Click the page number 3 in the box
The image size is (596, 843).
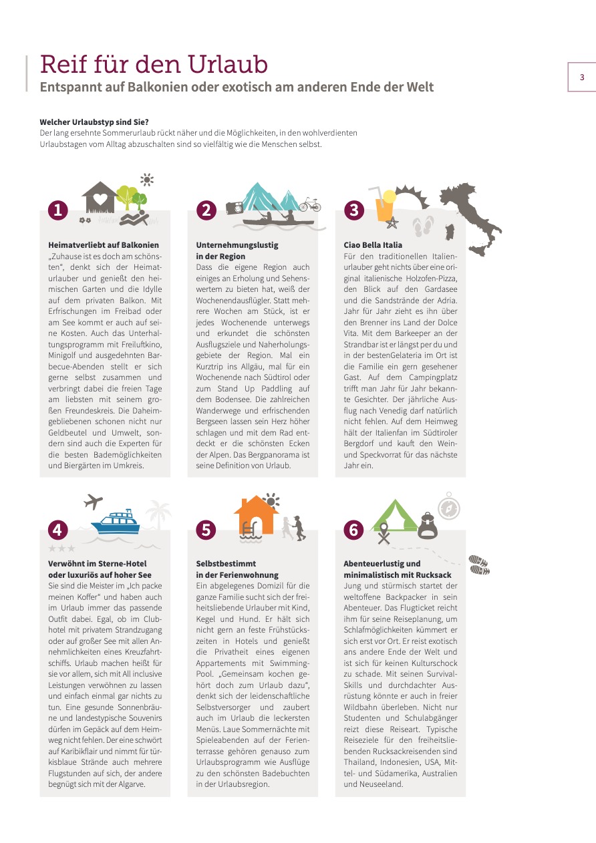[x=581, y=77]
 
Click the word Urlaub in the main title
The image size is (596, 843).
[x=229, y=64]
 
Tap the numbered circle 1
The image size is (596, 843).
[x=58, y=210]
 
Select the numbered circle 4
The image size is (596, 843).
[x=58, y=530]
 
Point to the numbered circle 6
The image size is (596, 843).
[x=353, y=530]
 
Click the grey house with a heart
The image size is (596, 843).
[x=99, y=198]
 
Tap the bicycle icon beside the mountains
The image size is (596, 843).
[x=309, y=204]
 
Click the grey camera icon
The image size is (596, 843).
[x=235, y=207]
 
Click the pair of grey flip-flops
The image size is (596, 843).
[x=424, y=226]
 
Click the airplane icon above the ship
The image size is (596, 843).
[x=94, y=501]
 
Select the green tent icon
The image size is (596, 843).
[x=394, y=516]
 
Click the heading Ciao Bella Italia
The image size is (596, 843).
[x=373, y=245]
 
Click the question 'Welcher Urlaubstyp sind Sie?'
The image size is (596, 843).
[x=94, y=122]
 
